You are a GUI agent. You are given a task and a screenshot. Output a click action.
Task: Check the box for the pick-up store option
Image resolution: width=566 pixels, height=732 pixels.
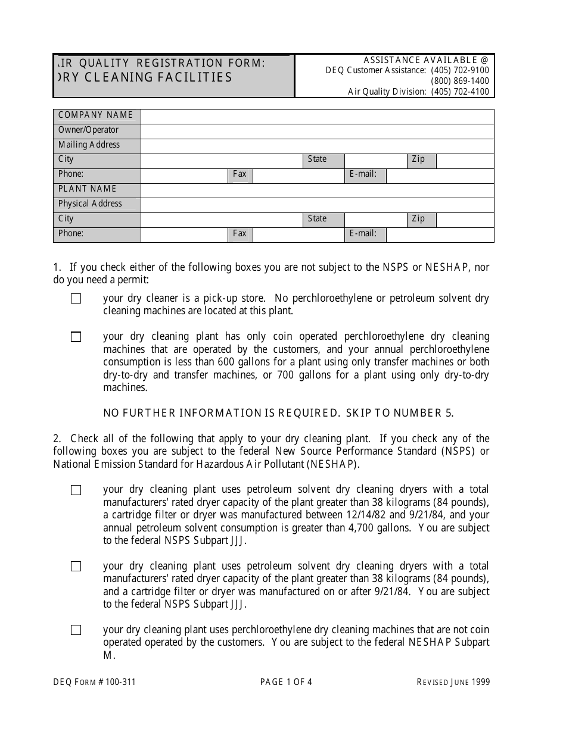[76, 299]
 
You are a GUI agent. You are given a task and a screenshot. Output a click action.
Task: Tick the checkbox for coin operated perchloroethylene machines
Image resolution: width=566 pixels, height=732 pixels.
[76, 337]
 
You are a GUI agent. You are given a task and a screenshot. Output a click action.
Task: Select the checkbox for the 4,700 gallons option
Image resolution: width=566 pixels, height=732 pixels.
[76, 490]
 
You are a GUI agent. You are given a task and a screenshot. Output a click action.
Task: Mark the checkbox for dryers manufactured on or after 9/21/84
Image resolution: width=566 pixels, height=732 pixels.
[76, 567]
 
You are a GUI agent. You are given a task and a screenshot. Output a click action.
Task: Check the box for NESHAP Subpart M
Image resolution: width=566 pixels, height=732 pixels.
[76, 630]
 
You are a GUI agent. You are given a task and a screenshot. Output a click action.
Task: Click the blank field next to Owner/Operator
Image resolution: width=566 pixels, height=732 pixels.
[317, 130]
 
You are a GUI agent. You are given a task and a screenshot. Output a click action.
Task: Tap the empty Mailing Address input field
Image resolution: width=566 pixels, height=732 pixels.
[317, 145]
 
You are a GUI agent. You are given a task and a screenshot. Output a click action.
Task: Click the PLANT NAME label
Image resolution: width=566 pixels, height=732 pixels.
[88, 189]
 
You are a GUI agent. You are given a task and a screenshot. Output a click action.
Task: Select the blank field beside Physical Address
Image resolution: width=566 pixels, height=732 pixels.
[317, 204]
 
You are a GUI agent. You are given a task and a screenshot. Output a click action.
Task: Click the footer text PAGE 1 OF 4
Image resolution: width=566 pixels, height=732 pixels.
[286, 683]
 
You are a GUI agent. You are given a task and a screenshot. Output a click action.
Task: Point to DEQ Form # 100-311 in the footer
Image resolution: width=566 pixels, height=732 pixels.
[94, 683]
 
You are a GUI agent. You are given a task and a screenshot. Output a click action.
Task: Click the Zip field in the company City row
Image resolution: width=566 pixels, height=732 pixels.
[465, 160]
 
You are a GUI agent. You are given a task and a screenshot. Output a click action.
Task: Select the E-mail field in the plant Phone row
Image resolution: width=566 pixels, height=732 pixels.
[440, 234]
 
